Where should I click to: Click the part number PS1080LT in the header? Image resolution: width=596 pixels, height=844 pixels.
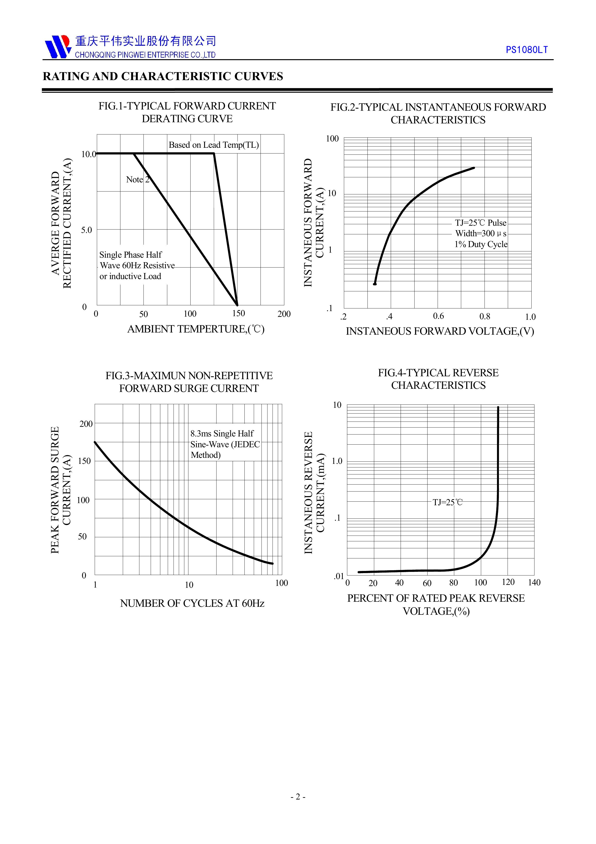click(x=526, y=50)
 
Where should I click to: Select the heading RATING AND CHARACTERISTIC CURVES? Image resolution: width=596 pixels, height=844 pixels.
click(x=163, y=77)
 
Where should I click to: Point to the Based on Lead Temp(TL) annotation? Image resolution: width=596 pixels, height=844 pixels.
click(x=214, y=145)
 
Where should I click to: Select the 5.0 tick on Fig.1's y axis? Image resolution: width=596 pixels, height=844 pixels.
click(x=87, y=230)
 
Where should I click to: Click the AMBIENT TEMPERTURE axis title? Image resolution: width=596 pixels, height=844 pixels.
click(x=196, y=329)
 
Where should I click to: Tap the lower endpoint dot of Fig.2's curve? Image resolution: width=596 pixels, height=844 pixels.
click(x=375, y=284)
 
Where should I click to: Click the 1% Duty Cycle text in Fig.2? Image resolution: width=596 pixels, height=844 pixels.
click(x=481, y=244)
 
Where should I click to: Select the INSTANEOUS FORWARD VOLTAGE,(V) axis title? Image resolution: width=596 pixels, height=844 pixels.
click(x=440, y=332)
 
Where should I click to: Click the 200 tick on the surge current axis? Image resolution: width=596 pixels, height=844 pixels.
click(x=86, y=424)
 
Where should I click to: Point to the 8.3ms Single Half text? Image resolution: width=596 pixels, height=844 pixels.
click(x=222, y=434)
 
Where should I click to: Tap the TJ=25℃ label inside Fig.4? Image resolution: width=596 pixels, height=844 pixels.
click(x=447, y=502)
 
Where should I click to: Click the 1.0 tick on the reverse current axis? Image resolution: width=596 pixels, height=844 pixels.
click(x=337, y=461)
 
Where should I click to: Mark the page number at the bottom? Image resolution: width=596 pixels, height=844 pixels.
click(x=298, y=807)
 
